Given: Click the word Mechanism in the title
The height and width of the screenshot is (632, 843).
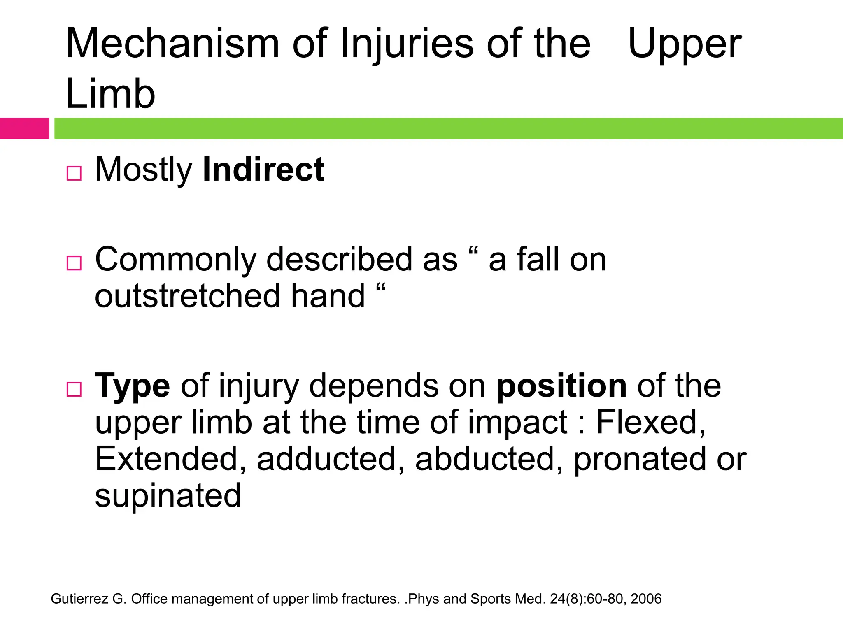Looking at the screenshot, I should point(172,44).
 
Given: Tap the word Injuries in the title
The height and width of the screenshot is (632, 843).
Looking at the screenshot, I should point(407,44).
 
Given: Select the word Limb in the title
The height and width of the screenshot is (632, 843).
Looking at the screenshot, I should point(110,94).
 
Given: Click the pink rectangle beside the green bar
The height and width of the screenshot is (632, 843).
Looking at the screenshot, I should point(24,128).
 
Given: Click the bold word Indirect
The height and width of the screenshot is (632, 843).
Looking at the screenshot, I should point(263,170).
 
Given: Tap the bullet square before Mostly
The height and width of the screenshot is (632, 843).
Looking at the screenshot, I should point(74,173).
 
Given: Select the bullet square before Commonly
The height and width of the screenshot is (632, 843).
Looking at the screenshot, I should point(74,263).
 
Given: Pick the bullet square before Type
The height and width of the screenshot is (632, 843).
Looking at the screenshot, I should point(74,389).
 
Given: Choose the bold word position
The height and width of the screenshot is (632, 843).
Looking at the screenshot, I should point(561,386).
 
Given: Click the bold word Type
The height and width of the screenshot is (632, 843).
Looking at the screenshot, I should point(132,386).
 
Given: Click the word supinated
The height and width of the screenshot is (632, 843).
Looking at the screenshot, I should point(168,496).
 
